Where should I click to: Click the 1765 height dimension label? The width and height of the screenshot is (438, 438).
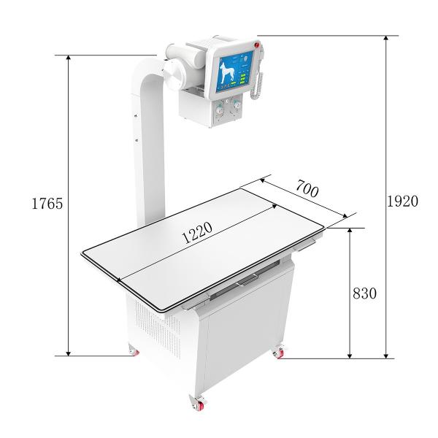click(47, 204)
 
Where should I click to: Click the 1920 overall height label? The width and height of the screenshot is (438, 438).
click(402, 201)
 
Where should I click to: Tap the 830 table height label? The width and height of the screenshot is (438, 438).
click(364, 293)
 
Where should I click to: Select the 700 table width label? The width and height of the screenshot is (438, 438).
click(307, 189)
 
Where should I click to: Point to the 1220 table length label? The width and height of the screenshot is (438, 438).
click(197, 233)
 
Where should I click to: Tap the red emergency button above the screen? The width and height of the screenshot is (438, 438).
click(257, 45)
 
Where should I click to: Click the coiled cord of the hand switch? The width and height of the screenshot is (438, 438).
click(257, 85)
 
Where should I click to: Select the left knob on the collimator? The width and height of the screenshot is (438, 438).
click(220, 109)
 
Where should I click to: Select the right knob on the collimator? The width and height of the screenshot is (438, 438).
click(237, 105)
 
